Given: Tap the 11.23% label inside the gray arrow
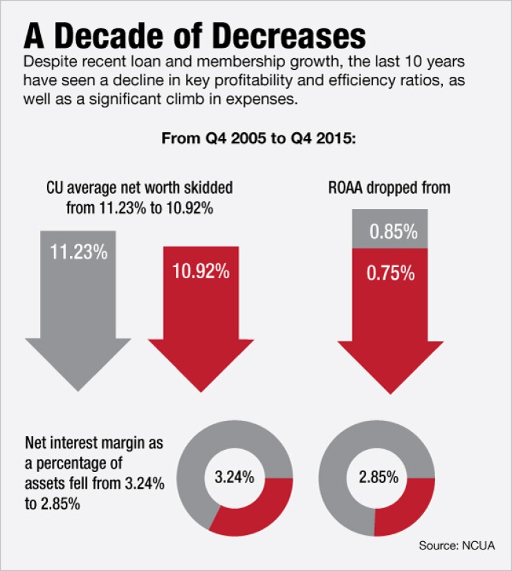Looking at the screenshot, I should tap(78, 251).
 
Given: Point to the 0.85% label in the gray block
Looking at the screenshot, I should tap(393, 233).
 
